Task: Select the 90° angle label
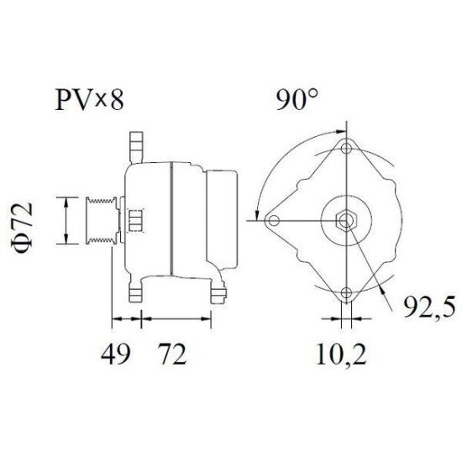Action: (299, 100)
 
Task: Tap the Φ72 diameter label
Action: (26, 221)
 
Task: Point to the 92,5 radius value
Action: (425, 307)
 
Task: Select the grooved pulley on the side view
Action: (101, 221)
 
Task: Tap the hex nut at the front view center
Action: (345, 222)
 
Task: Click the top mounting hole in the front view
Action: (345, 148)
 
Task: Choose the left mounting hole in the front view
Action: (272, 222)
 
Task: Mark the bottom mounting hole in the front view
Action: (345, 294)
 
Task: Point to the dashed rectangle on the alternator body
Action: (135, 221)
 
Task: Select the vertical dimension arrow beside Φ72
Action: (66, 221)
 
